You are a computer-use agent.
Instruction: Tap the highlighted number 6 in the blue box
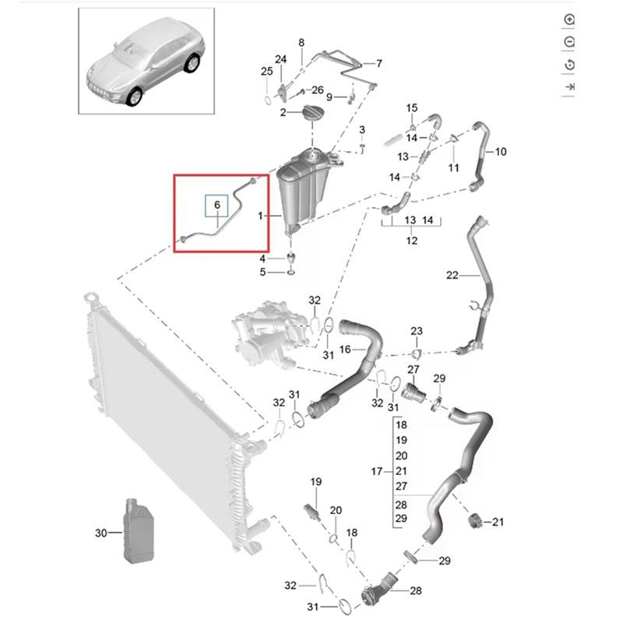click(217, 205)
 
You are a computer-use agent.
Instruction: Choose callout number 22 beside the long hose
click(452, 275)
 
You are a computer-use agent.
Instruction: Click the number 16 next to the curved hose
click(345, 350)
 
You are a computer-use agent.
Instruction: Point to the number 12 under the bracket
click(411, 241)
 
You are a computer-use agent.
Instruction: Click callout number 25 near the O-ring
click(266, 72)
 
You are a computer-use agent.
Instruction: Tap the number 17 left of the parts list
click(377, 472)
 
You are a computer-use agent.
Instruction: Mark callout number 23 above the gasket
click(417, 332)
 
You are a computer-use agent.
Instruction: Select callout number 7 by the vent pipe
click(378, 63)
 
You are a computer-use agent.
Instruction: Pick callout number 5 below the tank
click(263, 272)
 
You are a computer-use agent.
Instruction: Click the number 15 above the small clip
click(412, 107)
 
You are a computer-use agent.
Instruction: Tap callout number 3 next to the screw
click(362, 128)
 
